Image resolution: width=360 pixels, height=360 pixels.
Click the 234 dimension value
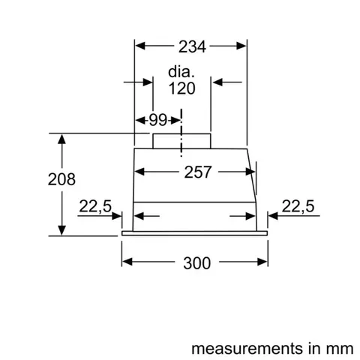192,46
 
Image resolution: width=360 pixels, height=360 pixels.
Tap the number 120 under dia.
181,88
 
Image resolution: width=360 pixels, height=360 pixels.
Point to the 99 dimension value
157,118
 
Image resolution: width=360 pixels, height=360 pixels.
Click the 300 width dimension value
196,262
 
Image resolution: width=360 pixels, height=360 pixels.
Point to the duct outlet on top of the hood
181,140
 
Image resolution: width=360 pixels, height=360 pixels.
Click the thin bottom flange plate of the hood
195,233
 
